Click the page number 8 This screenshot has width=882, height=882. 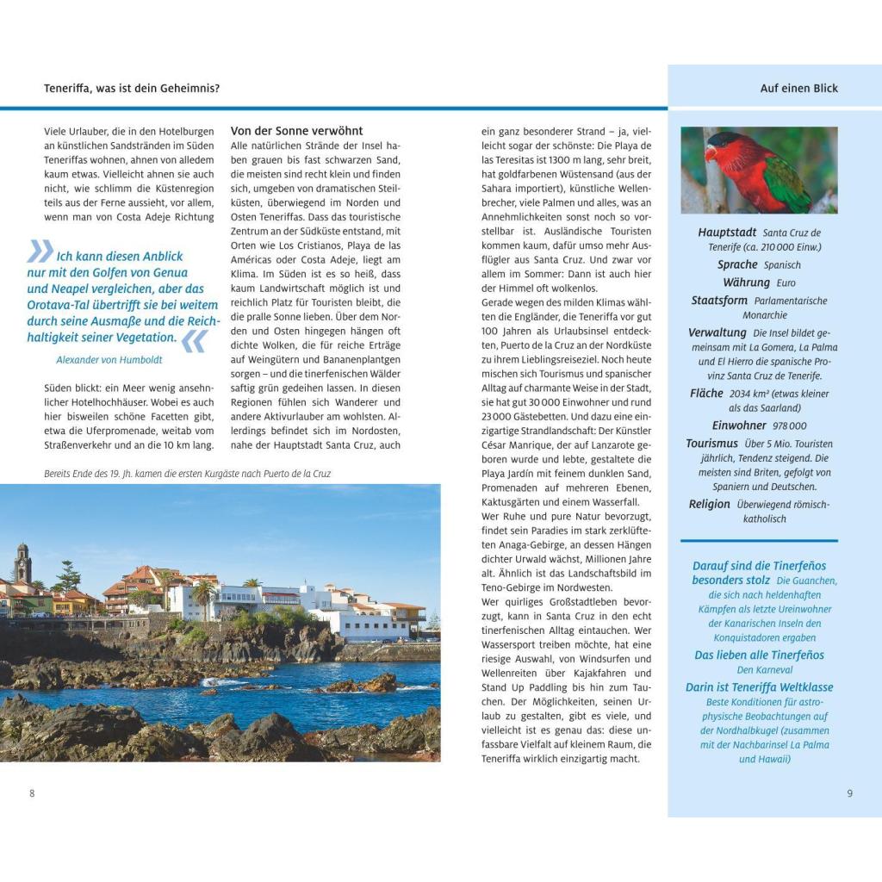point(33,793)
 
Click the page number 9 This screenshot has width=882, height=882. point(849,793)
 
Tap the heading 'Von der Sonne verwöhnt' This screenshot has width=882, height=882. point(296,131)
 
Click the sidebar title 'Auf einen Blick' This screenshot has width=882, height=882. point(798,88)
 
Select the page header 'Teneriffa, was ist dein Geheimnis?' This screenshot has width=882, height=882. point(132,88)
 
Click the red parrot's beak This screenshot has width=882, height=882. point(711,155)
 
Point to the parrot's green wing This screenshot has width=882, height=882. point(786,183)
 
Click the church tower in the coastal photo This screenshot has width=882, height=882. point(23,563)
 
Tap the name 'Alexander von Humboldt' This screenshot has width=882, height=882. point(109,360)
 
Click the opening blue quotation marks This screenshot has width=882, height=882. point(40,251)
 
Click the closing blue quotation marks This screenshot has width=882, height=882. point(193,341)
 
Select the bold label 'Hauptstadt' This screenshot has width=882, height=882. point(727,233)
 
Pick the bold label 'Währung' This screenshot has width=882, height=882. point(747,283)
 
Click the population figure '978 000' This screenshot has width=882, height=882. point(790,426)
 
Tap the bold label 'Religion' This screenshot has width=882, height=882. point(709,505)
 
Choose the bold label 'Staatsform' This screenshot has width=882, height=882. point(719,301)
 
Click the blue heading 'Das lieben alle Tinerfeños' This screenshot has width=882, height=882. point(759,655)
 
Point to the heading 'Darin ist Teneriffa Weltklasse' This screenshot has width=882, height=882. point(759,687)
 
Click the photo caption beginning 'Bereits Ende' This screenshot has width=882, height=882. point(187,474)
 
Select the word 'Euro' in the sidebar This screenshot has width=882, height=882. point(786,283)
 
